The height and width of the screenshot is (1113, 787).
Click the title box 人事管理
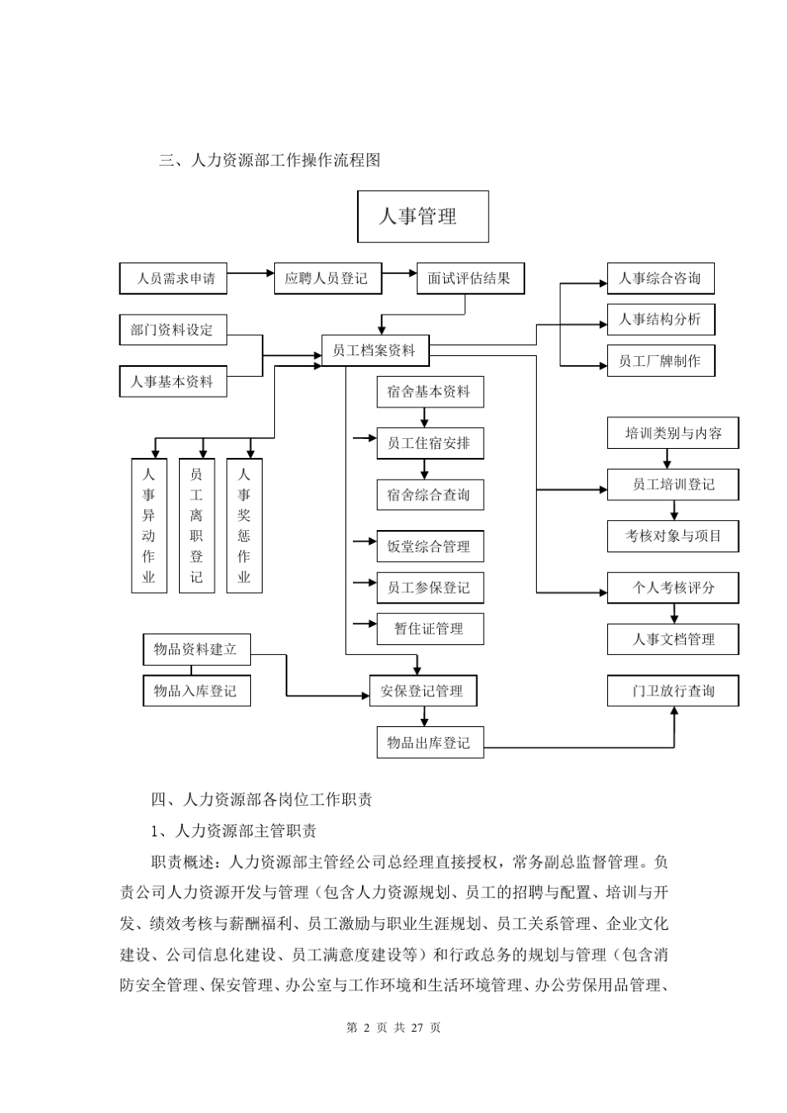pyautogui.click(x=422, y=217)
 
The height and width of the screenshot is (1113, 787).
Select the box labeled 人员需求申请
pyautogui.click(x=172, y=278)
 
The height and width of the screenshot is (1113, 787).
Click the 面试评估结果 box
pyautogui.click(x=470, y=278)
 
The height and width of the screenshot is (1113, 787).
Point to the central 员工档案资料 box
pyautogui.click(x=374, y=350)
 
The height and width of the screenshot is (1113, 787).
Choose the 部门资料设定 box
pyautogui.click(x=172, y=330)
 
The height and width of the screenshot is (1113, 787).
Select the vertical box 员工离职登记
pyautogui.click(x=196, y=526)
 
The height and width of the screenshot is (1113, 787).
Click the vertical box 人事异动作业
pyautogui.click(x=149, y=526)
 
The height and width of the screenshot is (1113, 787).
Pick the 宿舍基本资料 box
pyautogui.click(x=429, y=392)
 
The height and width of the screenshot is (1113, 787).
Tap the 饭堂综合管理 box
pyautogui.click(x=429, y=547)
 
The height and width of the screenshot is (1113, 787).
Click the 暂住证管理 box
pyautogui.click(x=429, y=629)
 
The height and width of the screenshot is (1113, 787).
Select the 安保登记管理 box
pyautogui.click(x=422, y=691)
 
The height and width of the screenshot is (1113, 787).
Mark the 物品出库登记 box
pyautogui.click(x=429, y=742)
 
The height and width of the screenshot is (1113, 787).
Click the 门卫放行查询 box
pyautogui.click(x=673, y=691)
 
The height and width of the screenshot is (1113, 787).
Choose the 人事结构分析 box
pyautogui.click(x=660, y=320)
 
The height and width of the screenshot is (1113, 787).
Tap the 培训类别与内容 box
pyautogui.click(x=673, y=433)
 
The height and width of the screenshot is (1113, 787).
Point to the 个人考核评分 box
pyautogui.click(x=673, y=588)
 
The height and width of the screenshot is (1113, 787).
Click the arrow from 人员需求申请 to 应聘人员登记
pyautogui.click(x=250, y=272)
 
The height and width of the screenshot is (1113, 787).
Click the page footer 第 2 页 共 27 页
pyautogui.click(x=393, y=1028)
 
